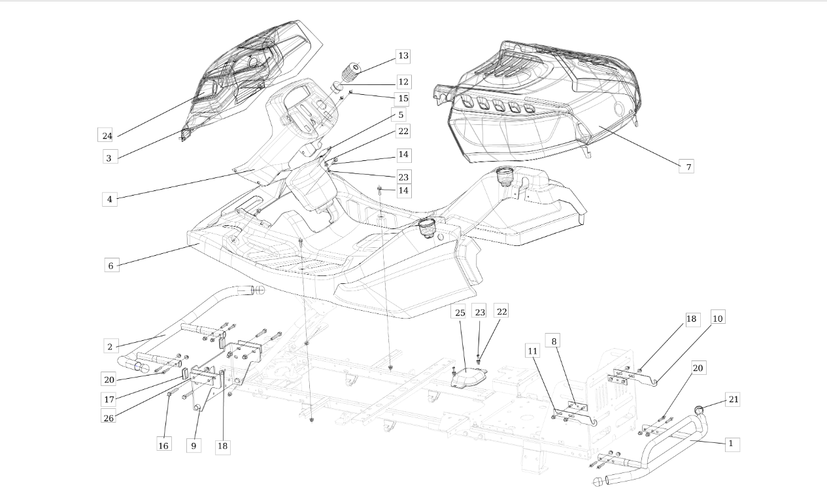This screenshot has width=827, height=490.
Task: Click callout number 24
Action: pos(107,135)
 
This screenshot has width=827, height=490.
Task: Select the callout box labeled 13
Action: pos(403,56)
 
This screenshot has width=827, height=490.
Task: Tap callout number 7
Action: pos(688,166)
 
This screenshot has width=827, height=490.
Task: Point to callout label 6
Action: pos(110,266)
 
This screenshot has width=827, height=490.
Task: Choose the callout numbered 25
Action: pos(459,312)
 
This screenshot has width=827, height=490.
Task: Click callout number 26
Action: pos(109,417)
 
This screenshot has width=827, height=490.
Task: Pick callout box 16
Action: pos(163,446)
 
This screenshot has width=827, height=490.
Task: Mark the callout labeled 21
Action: pos(734,399)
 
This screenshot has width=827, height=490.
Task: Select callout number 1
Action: pos(730,444)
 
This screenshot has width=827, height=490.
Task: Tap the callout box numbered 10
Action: pos(717,318)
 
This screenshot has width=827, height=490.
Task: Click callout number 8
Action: pos(554,341)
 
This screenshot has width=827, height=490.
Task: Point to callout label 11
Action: pos(532,350)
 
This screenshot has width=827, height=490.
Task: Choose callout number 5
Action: pos(401,114)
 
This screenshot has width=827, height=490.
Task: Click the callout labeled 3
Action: pos(109,158)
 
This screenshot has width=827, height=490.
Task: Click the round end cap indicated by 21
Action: pos(698,410)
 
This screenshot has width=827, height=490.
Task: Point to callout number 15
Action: pos(403,98)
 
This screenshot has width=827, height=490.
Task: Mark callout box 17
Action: pos(109,399)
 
